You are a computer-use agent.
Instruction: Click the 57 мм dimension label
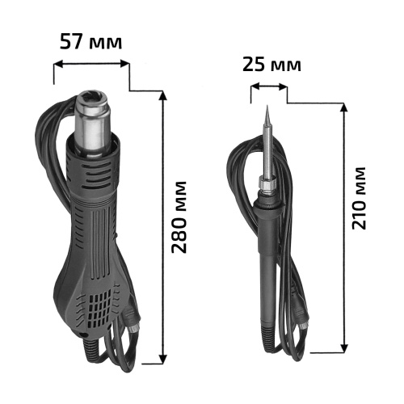[x=90, y=42]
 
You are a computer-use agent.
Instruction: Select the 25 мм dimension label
[x=271, y=65]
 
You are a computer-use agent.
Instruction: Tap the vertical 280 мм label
[x=179, y=217]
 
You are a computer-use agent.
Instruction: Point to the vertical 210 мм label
[x=359, y=199]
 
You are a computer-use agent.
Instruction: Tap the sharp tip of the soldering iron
[x=267, y=106]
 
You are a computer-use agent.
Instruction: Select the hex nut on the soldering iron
[x=267, y=183]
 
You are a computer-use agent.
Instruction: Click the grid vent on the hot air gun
[x=99, y=310]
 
